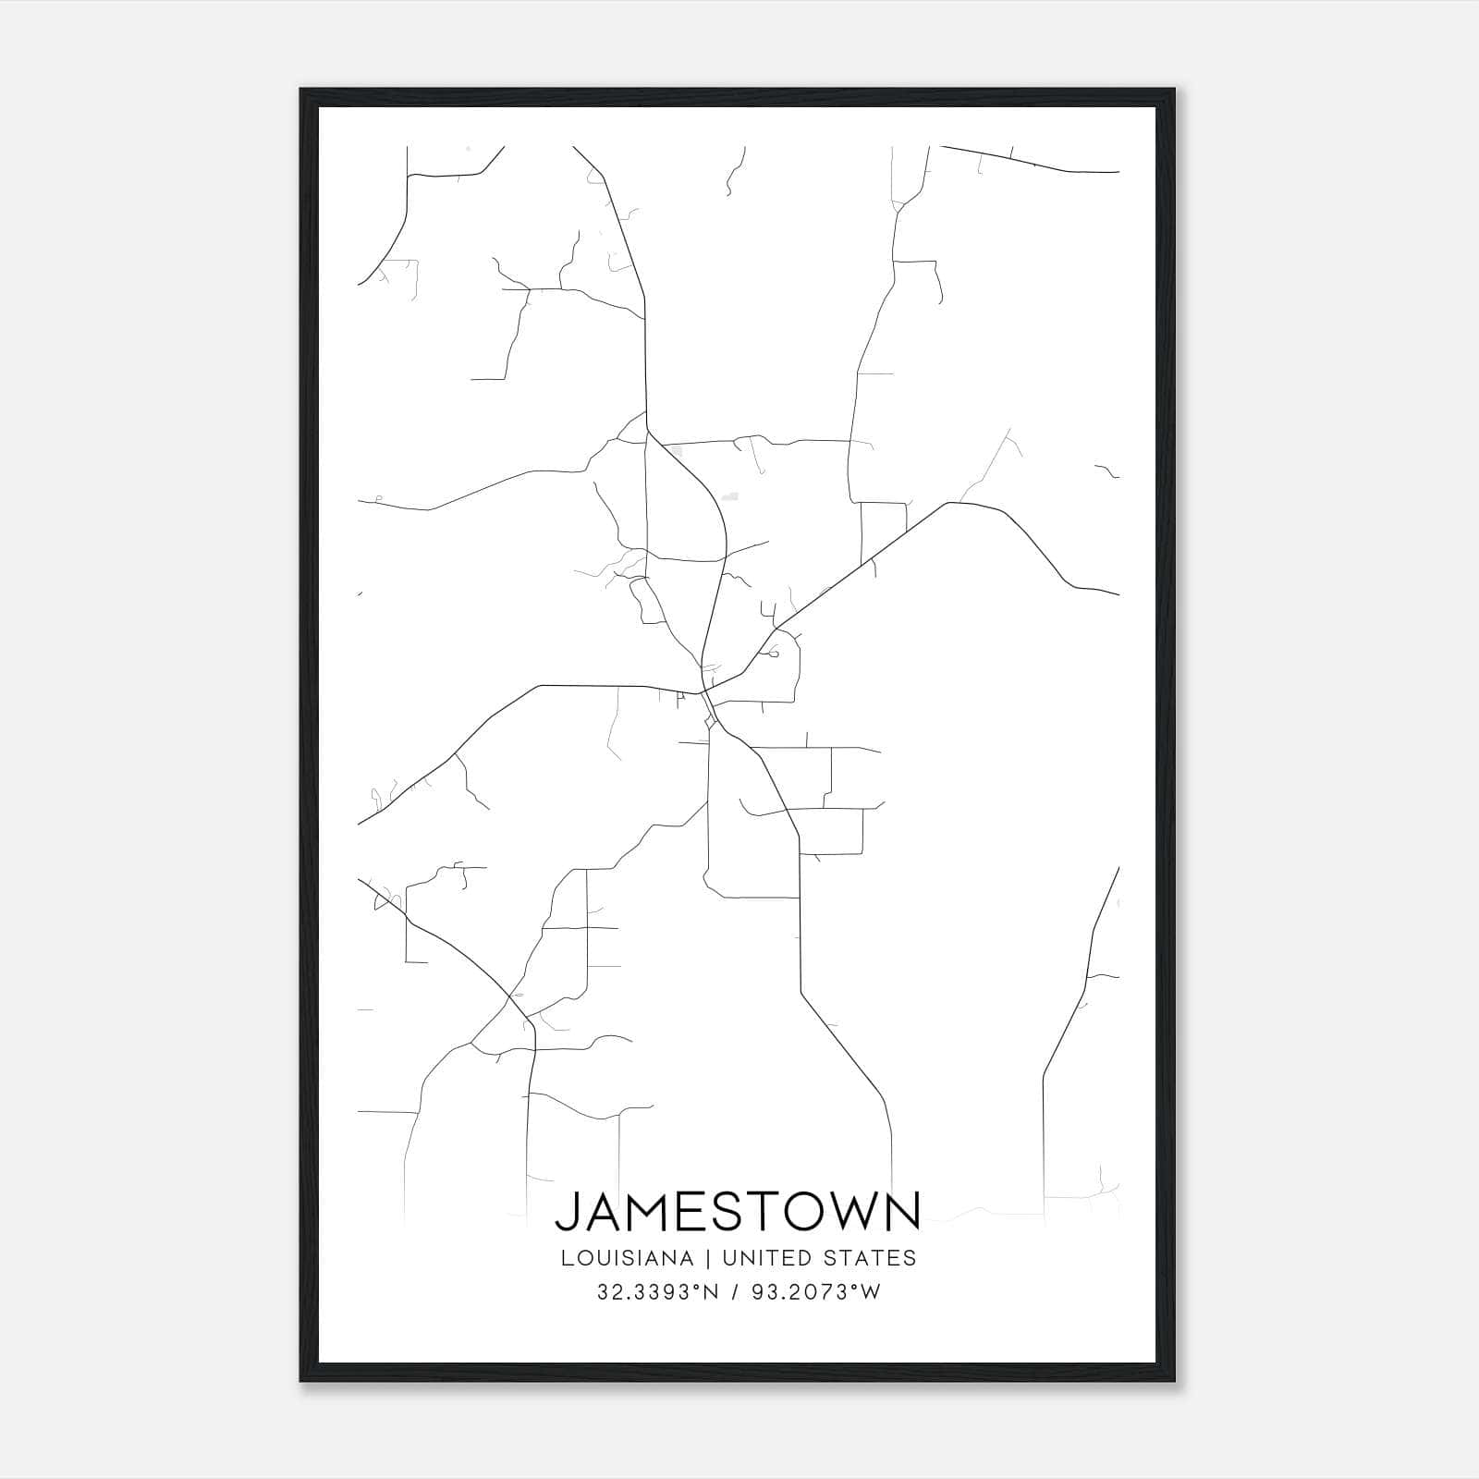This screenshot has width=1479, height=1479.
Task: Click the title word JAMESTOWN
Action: [x=738, y=1212]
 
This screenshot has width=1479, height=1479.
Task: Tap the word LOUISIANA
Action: [x=626, y=1258]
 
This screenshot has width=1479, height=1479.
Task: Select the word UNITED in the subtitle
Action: [x=760, y=1258]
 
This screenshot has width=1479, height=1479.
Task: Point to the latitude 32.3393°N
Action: [x=657, y=1292]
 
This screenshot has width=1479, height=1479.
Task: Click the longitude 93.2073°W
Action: [x=813, y=1292]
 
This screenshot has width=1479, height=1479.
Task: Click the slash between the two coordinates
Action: [x=735, y=1292]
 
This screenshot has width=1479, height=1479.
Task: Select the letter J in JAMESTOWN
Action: [x=566, y=1212]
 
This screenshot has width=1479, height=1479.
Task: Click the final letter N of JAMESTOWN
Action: [x=902, y=1212]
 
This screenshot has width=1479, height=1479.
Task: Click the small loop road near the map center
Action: [x=773, y=654]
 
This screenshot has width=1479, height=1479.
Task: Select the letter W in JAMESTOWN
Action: [x=855, y=1212]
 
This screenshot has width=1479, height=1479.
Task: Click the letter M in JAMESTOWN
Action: [x=643, y=1212]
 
